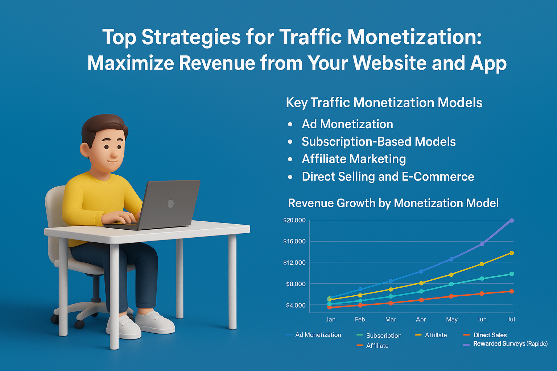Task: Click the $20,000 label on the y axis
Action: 294,220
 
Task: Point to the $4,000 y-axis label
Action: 296,305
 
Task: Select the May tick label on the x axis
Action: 451,320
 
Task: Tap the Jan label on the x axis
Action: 330,320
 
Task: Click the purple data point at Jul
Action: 512,220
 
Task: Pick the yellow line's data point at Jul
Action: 512,253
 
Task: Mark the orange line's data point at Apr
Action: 421,300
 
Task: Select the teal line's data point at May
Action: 451,284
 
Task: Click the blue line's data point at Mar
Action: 391,281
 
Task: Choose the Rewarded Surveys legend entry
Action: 510,343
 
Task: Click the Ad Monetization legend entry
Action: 318,335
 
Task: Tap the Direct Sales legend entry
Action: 490,335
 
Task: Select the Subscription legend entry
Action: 383,335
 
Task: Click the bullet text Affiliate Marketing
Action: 354,159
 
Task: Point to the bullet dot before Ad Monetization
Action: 290,124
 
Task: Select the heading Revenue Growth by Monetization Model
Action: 393,203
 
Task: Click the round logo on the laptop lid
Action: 170,204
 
